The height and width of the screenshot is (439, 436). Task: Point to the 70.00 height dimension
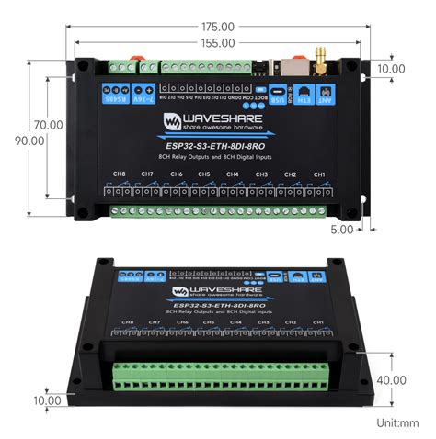click(49, 124)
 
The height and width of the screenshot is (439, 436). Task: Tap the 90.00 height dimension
click(29, 141)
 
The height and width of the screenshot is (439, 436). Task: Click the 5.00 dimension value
click(342, 230)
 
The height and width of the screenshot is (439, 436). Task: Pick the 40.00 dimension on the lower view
click(391, 379)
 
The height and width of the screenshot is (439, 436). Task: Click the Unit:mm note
click(396, 422)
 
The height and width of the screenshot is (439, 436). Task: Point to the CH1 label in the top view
click(318, 174)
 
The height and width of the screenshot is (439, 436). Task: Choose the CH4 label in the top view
click(233, 174)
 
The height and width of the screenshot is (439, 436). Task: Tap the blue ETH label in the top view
click(300, 96)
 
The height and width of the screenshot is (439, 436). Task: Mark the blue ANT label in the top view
click(324, 96)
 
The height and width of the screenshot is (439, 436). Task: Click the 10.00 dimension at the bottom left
click(47, 400)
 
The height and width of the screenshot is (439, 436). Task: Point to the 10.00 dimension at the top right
click(391, 69)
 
